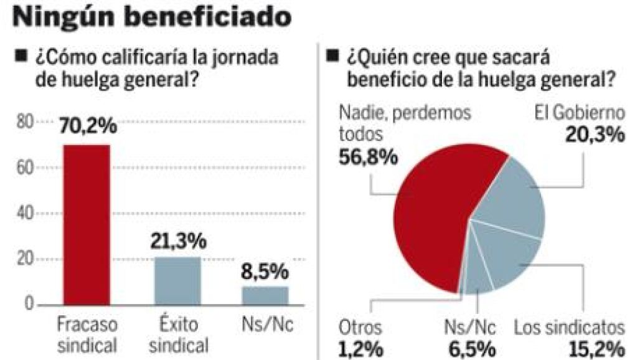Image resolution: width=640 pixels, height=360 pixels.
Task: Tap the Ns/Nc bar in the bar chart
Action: click(265, 295)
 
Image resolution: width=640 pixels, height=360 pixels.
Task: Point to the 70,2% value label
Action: click(88, 126)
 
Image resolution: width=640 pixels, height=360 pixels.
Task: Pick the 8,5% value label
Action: click(265, 272)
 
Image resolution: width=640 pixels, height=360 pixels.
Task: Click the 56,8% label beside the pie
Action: click(368, 157)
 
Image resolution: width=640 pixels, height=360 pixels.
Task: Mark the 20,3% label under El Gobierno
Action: click(595, 135)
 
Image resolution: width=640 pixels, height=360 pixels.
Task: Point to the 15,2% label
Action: click(595, 348)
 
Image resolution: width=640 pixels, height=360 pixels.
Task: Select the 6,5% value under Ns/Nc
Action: click(472, 348)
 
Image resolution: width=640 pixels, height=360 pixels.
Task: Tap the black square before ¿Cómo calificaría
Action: click(21, 57)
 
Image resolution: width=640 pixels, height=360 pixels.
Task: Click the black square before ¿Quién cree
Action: click(334, 57)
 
